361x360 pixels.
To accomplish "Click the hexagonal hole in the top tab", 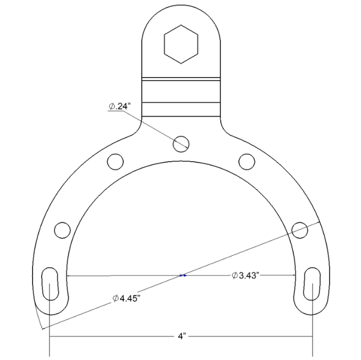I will point(180,45).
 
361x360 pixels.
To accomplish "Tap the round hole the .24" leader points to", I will point(180,142).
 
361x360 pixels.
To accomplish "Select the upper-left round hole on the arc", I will point(115,160).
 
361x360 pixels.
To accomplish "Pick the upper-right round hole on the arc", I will point(246,160).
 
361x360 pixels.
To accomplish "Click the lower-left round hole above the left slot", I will point(62,229).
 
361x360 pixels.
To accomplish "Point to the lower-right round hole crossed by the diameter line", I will point(299,229).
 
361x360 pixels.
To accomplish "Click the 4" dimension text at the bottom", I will point(182,336).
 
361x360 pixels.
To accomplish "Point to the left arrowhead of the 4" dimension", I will point(53,336).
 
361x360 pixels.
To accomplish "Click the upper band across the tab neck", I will point(180,88).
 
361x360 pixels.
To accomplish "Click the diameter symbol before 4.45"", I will point(116,298).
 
